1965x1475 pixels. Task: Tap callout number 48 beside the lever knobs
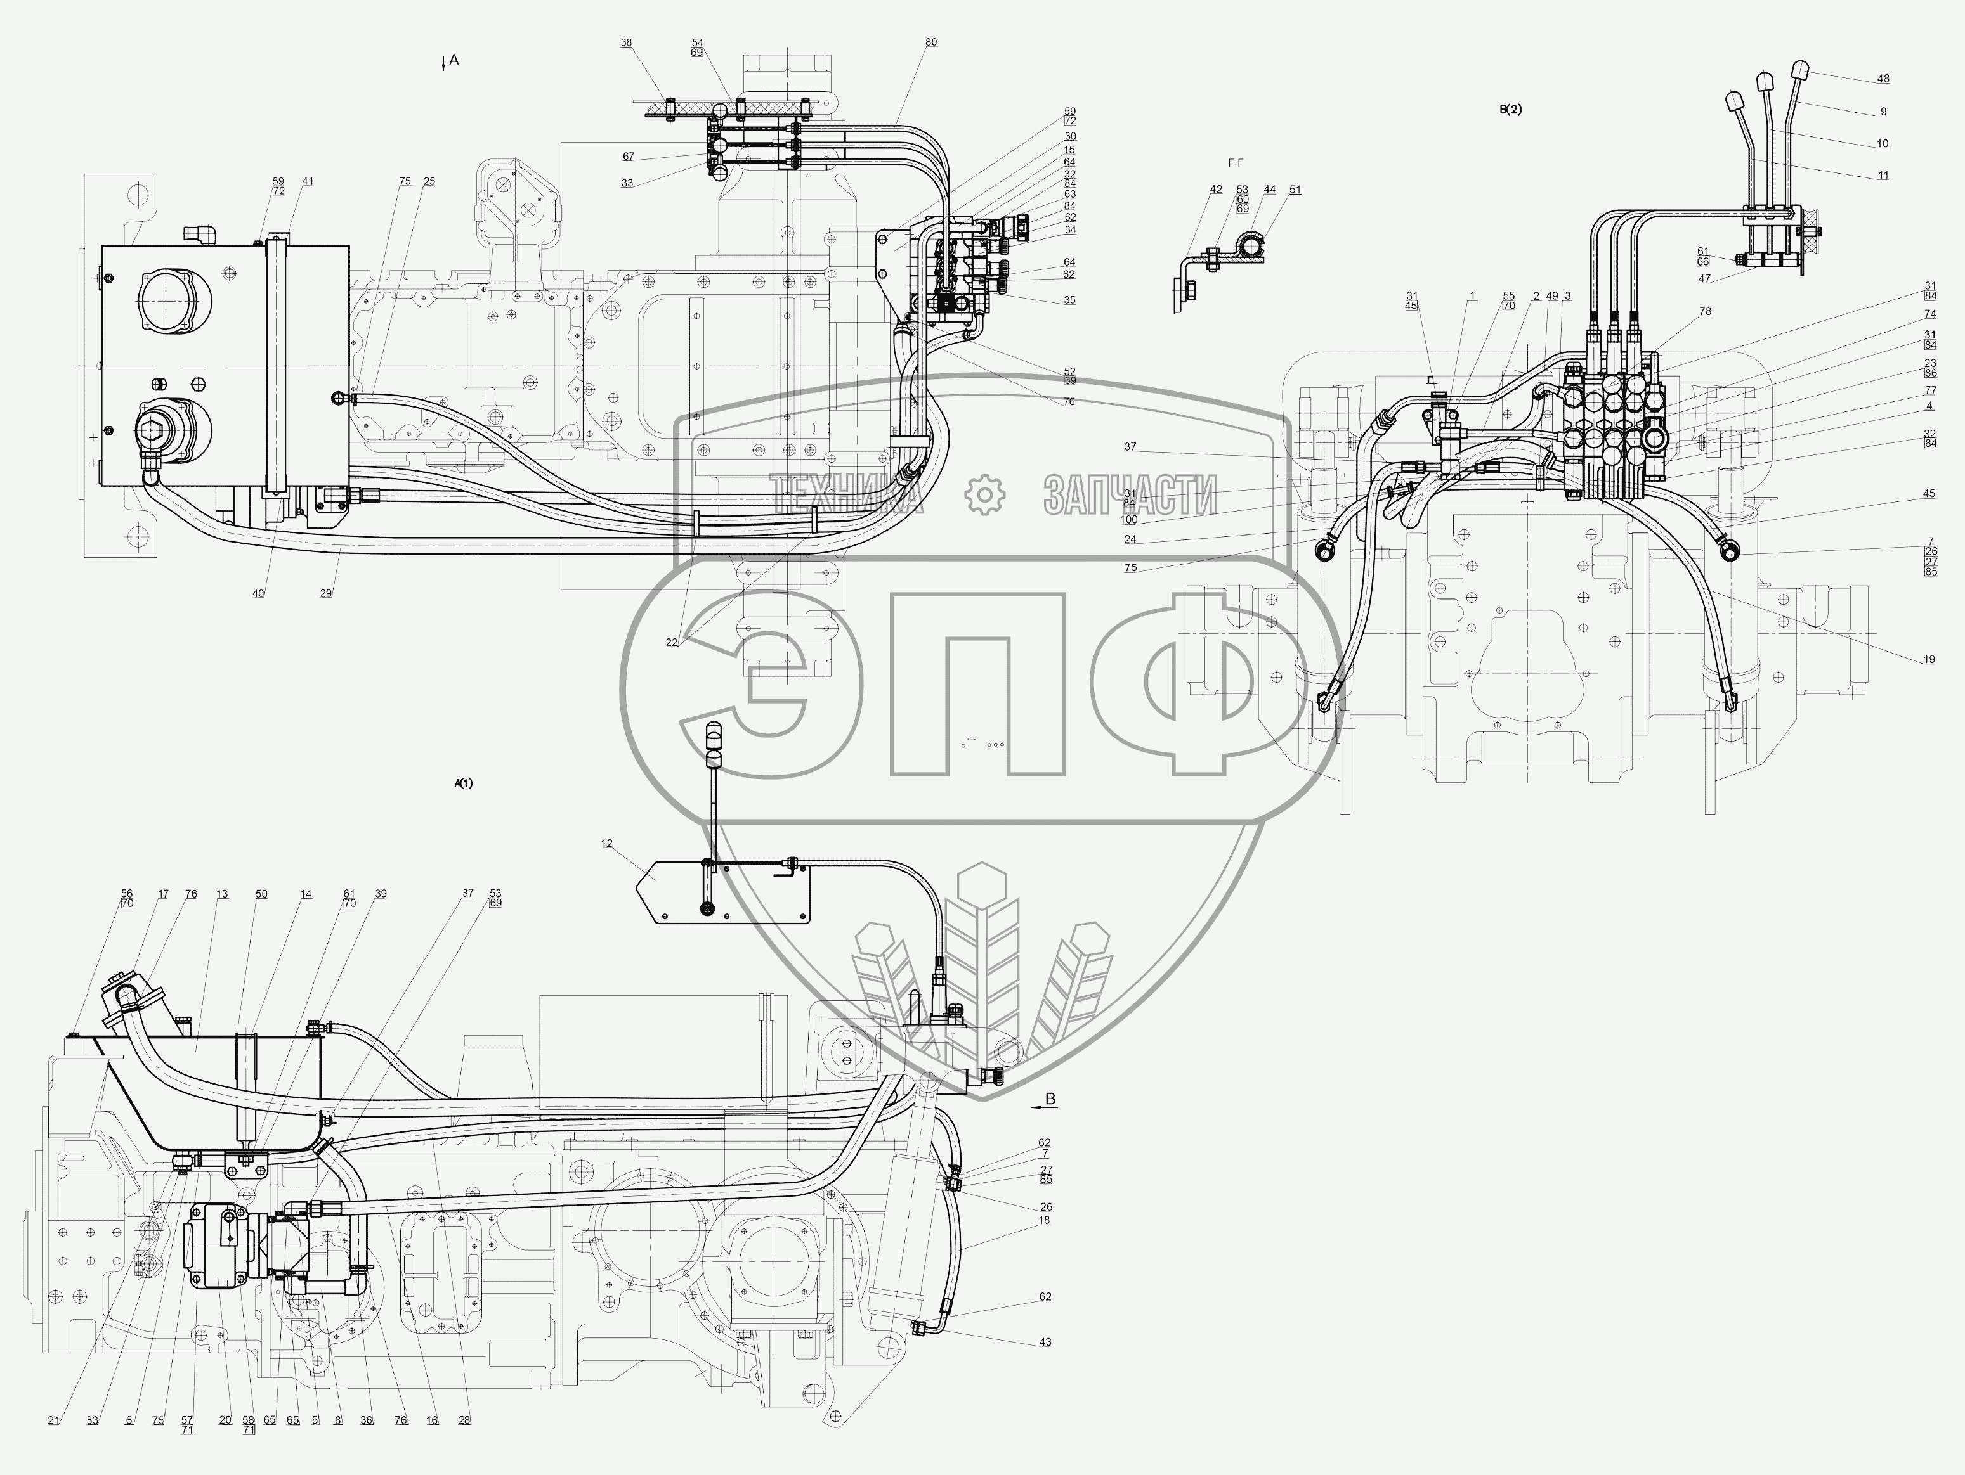1883,79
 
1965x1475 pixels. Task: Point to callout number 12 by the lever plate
607,844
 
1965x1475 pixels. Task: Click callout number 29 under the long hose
326,593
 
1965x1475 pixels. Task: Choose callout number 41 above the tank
308,181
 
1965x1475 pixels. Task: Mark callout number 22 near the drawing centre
672,642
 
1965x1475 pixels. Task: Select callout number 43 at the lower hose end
1045,1342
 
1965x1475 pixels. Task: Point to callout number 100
1129,520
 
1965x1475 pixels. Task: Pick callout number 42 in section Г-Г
1216,189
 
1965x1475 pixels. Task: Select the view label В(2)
1510,110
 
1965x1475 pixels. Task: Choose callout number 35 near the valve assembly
1069,300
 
